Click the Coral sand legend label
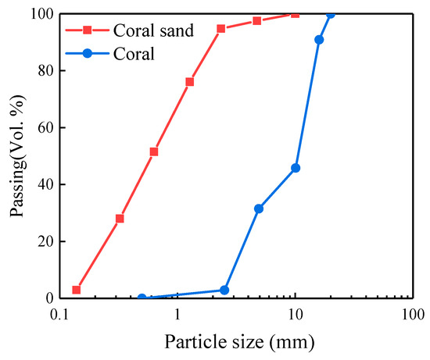(145, 31)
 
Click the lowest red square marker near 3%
(77, 290)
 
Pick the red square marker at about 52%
(154, 151)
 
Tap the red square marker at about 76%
(189, 82)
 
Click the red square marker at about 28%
(120, 219)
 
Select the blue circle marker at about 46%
(296, 168)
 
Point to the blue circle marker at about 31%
(259, 209)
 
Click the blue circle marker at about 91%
(319, 40)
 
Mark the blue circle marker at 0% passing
(142, 298)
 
